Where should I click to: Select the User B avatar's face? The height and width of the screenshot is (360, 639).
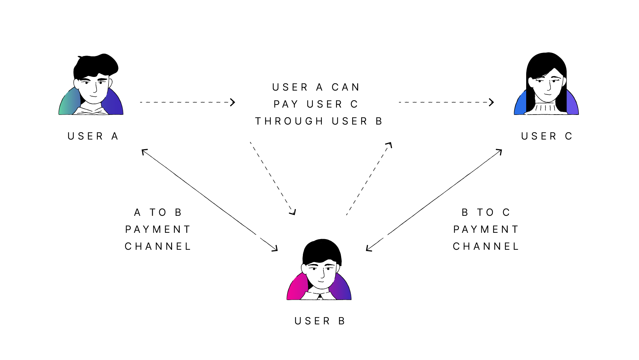pyautogui.click(x=321, y=275)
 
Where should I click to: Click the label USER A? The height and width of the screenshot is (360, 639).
pyautogui.click(x=93, y=136)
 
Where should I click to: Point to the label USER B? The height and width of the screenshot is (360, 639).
pyautogui.click(x=320, y=321)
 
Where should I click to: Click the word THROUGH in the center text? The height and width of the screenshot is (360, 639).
pyautogui.click(x=289, y=121)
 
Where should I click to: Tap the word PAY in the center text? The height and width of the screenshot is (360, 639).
pyautogui.click(x=286, y=104)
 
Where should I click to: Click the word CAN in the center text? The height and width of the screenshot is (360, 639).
pyautogui.click(x=346, y=87)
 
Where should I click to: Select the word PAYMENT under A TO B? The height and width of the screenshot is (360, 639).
pyautogui.click(x=158, y=229)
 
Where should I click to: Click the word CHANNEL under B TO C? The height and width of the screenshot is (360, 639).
pyautogui.click(x=486, y=246)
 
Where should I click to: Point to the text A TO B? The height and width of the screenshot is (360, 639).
pyautogui.click(x=158, y=212)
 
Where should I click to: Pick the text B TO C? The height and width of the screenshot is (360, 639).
pyautogui.click(x=486, y=212)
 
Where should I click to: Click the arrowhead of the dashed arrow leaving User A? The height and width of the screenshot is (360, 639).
pyautogui.click(x=233, y=102)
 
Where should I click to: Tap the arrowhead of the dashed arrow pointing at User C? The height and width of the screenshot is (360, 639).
pyautogui.click(x=492, y=102)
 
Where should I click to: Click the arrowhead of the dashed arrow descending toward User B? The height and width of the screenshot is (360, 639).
pyautogui.click(x=293, y=212)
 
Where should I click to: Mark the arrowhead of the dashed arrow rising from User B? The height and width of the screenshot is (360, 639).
pyautogui.click(x=389, y=145)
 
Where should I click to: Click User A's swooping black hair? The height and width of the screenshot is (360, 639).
pyautogui.click(x=97, y=65)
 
